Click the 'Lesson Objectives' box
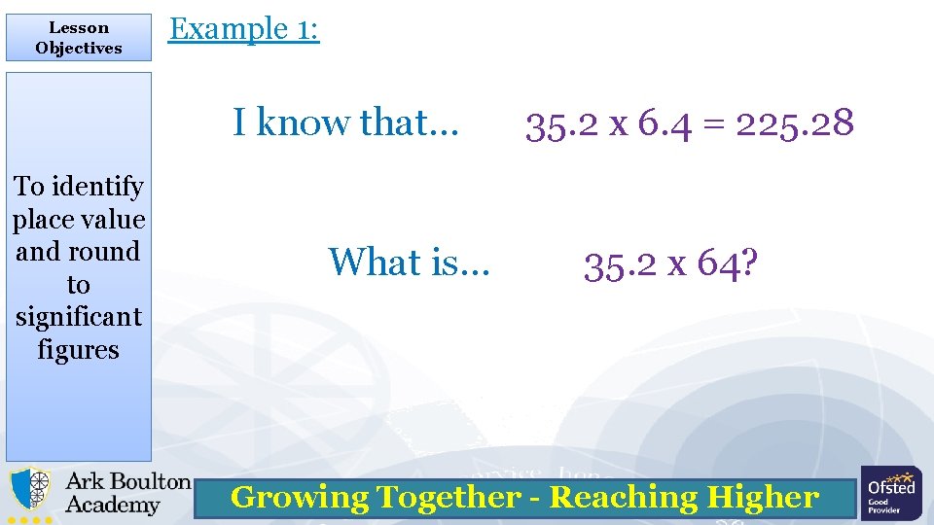click(78, 38)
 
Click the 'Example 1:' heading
click(243, 29)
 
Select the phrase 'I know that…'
click(345, 123)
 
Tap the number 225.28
click(795, 123)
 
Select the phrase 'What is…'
click(410, 262)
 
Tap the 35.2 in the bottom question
click(620, 262)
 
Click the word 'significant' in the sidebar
click(78, 317)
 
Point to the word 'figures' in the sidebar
click(78, 350)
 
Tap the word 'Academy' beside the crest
click(112, 506)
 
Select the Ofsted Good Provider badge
click(891, 493)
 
